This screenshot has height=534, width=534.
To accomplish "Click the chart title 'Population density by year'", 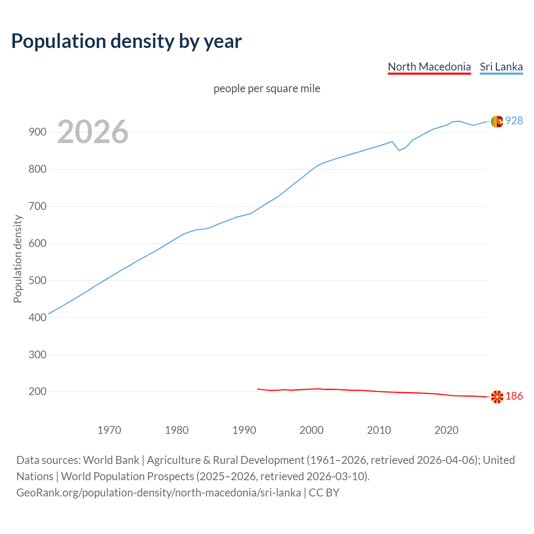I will click(126, 41).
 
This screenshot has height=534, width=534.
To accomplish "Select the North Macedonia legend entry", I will click(429, 67).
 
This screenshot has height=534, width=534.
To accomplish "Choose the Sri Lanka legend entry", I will click(501, 67).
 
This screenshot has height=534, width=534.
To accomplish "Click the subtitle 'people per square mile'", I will click(267, 88).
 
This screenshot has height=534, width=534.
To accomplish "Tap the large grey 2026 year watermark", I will click(93, 132).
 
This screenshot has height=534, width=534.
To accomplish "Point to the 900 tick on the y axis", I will click(37, 132).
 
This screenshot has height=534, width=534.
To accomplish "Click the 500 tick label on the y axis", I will click(37, 280).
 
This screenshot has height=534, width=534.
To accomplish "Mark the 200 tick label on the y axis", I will click(37, 391).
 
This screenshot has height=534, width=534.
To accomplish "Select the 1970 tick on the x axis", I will click(109, 430).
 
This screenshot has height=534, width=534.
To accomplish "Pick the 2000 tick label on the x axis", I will click(312, 430).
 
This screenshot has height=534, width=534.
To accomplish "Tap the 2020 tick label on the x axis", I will click(446, 430).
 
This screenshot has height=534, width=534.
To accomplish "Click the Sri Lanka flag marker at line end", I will click(497, 121).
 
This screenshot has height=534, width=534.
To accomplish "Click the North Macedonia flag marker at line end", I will click(497, 397).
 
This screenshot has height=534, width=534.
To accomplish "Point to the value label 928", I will click(514, 121).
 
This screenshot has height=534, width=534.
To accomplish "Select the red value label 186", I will click(514, 396).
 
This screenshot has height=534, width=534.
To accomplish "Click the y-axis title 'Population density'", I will click(18, 259).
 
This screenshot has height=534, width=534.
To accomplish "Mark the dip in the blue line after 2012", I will click(399, 150).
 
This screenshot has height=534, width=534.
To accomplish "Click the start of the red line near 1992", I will click(258, 389).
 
